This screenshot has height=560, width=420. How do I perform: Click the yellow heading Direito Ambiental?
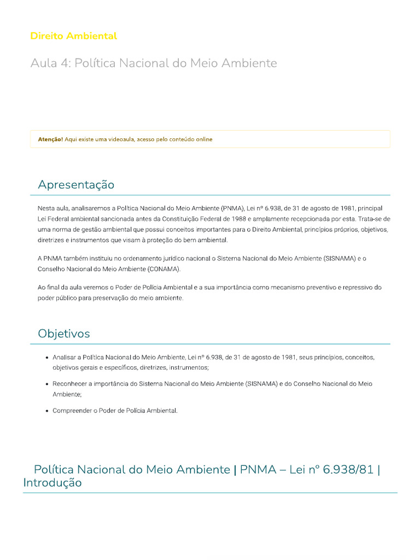(73, 36)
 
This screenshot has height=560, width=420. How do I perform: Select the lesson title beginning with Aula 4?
(154, 63)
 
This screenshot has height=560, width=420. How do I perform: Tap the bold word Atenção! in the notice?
(50, 139)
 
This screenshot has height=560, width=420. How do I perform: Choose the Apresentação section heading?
(76, 185)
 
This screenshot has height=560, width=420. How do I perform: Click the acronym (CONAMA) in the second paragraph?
(161, 269)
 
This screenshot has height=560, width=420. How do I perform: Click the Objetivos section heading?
(64, 334)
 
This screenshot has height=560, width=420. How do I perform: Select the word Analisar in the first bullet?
(65, 357)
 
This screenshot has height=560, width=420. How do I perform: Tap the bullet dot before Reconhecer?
(46, 384)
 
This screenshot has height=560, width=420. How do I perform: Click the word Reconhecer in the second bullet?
(72, 384)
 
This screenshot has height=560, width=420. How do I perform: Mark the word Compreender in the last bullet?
(73, 411)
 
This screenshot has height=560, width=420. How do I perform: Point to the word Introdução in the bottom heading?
(52, 483)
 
